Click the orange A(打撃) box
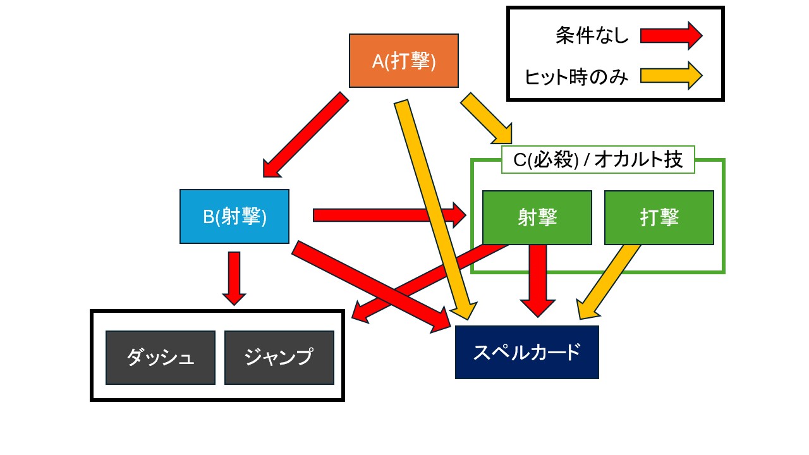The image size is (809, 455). coord(404,61)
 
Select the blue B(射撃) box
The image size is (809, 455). coord(234,216)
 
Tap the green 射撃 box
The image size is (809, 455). coord(537,218)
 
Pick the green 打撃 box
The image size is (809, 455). coord(659,218)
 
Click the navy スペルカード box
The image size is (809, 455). coord(527,352)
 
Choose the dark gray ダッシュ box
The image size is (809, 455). coord(161,358)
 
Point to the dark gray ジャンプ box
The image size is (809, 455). coord(279,358)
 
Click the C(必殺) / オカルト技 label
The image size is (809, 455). coord(598,160)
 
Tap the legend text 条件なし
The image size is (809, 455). coord(592,35)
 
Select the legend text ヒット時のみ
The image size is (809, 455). coord(576,77)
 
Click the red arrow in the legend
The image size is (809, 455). coord(671,36)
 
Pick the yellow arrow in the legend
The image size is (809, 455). coord(671,76)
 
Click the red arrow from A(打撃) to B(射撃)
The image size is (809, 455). coord(305,135)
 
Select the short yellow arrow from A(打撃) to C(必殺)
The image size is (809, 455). coord(486,118)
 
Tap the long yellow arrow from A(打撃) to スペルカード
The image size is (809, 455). coord(435,210)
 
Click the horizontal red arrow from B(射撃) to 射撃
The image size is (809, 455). coord(389,215)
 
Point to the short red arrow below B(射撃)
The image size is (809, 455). coord(234,279)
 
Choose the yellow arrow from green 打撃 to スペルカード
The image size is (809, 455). coord(608,282)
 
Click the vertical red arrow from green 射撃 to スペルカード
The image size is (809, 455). coord(538,281)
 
